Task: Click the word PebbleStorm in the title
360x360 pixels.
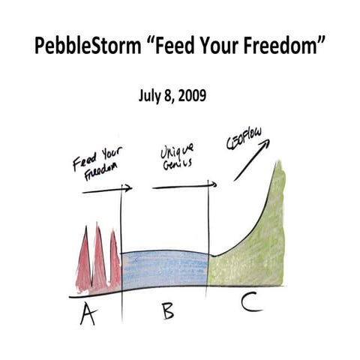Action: pyautogui.click(x=84, y=47)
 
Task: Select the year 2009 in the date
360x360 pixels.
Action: pyautogui.click(x=190, y=96)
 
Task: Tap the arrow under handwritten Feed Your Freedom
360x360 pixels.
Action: pyautogui.click(x=106, y=190)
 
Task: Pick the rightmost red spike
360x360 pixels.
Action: pyautogui.click(x=113, y=262)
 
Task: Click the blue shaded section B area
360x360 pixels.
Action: pyautogui.click(x=163, y=270)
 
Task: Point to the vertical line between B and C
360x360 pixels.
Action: pyautogui.click(x=207, y=240)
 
